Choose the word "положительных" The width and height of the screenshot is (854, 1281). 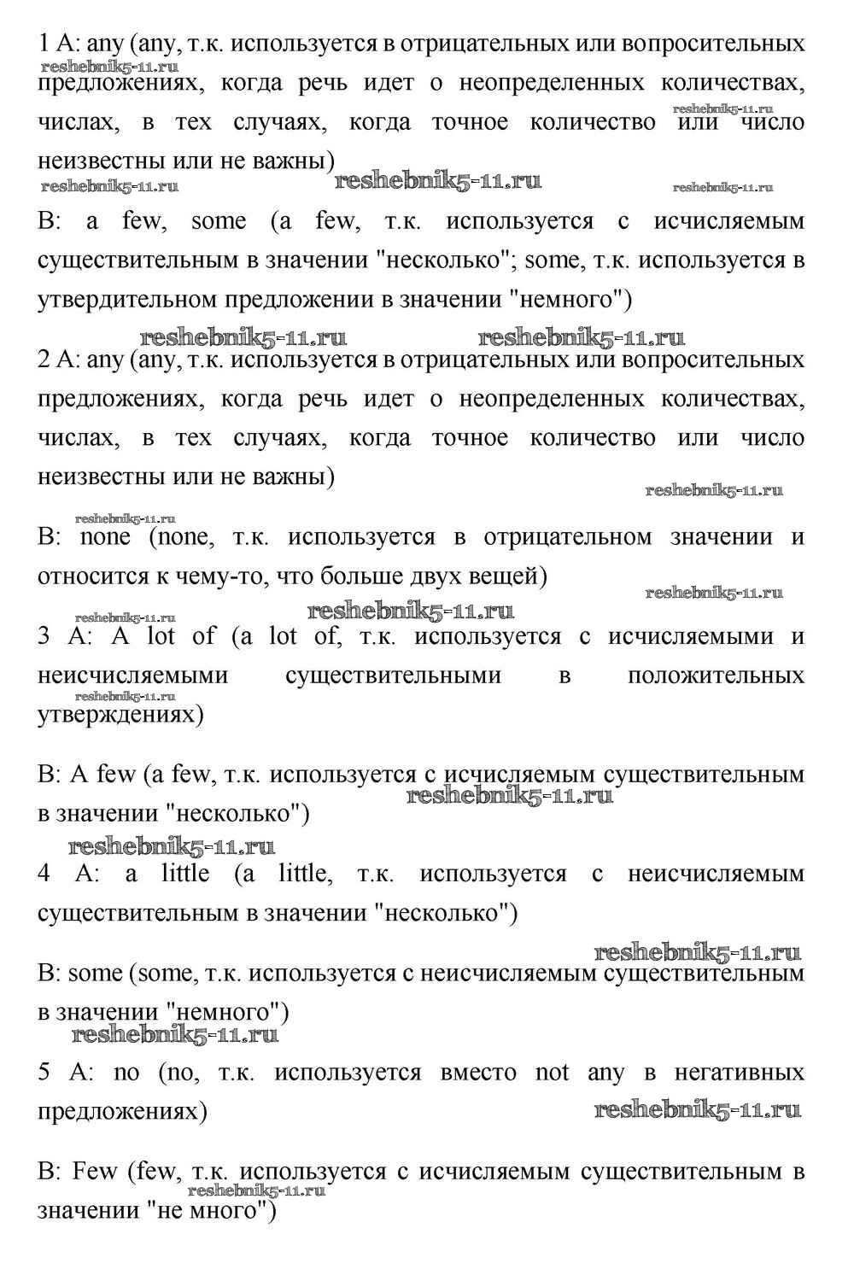tap(715, 676)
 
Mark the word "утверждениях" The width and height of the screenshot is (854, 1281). tap(120, 715)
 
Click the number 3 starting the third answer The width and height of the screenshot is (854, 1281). tap(44, 636)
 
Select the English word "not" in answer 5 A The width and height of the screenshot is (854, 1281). tap(552, 1073)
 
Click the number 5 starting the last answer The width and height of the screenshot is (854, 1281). tap(44, 1073)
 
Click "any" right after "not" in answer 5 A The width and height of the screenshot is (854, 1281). tap(605, 1073)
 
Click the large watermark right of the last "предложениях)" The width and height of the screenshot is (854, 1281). tap(697, 1110)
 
